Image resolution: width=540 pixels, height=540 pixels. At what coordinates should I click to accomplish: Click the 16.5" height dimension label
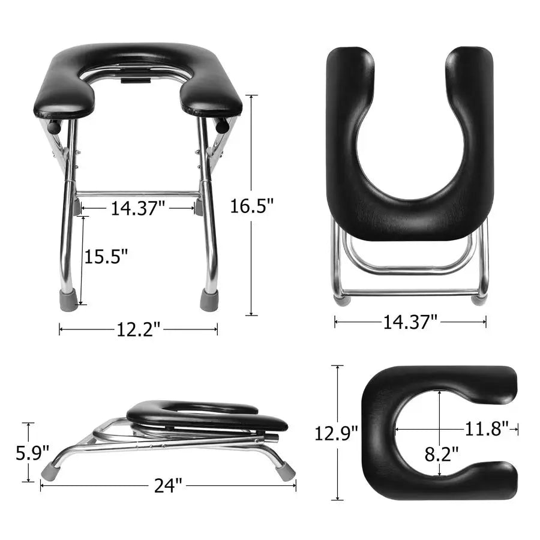pyautogui.click(x=252, y=207)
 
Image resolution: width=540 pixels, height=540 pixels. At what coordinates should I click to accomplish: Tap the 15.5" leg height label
pyautogui.click(x=106, y=257)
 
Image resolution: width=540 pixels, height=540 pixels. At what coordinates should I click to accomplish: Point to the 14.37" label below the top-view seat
pyautogui.click(x=410, y=322)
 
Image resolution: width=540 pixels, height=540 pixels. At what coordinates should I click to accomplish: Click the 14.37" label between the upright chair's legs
pyautogui.click(x=137, y=208)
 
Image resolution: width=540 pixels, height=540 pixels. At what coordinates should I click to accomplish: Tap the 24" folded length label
pyautogui.click(x=167, y=485)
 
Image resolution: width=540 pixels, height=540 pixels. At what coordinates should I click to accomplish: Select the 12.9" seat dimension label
pyautogui.click(x=337, y=433)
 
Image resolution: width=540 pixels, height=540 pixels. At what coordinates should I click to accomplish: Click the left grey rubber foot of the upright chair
pyautogui.click(x=69, y=300)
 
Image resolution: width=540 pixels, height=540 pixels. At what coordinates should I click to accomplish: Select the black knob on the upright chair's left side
pyautogui.click(x=55, y=127)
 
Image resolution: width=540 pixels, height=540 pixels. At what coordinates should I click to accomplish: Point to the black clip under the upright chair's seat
pyautogui.click(x=136, y=76)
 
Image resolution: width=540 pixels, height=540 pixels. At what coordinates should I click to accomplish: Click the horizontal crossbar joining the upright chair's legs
pyautogui.click(x=137, y=194)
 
